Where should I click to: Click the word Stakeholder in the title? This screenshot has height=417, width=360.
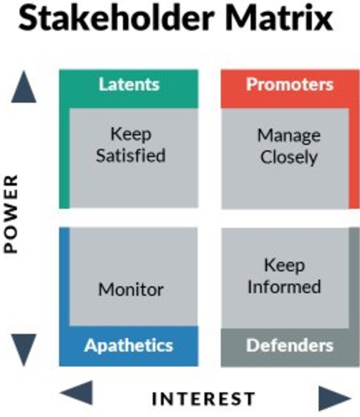(117, 18)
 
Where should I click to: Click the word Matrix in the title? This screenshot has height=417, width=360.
(280, 18)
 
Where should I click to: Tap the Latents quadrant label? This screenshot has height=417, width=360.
(129, 84)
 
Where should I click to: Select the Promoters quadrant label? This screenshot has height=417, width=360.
(289, 84)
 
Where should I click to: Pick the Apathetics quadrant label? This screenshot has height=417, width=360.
(129, 346)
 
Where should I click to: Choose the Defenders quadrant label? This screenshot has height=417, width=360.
(289, 345)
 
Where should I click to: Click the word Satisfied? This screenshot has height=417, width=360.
(130, 155)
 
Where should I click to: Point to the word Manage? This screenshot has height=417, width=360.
(289, 136)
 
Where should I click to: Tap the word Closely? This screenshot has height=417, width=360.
(289, 157)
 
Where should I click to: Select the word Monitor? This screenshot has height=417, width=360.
(131, 289)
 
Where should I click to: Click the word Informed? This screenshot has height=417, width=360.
(284, 286)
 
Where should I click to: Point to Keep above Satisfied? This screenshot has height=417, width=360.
(131, 134)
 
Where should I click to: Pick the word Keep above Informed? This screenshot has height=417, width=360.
(284, 265)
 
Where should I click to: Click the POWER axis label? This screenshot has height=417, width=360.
(11, 213)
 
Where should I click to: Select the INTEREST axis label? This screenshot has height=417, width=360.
(204, 399)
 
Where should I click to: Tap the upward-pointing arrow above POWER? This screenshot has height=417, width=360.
(24, 86)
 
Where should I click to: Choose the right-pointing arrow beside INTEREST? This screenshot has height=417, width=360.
(335, 398)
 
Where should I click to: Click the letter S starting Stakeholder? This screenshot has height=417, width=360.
(28, 18)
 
